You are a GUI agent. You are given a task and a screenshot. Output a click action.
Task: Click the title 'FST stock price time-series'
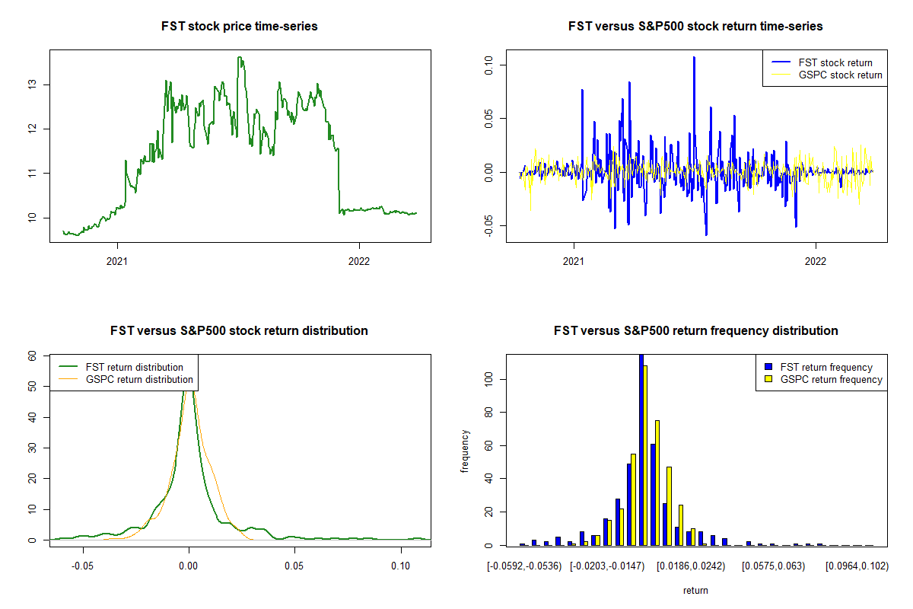point(240,26)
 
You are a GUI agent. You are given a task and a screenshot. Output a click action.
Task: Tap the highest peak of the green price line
point(240,58)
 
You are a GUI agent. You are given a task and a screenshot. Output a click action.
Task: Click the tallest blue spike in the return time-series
point(694,58)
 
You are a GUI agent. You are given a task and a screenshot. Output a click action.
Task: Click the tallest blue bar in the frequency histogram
point(641,449)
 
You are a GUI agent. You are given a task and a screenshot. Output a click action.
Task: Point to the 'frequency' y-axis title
point(465,451)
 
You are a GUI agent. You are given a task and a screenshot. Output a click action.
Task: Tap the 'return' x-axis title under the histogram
point(695,590)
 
